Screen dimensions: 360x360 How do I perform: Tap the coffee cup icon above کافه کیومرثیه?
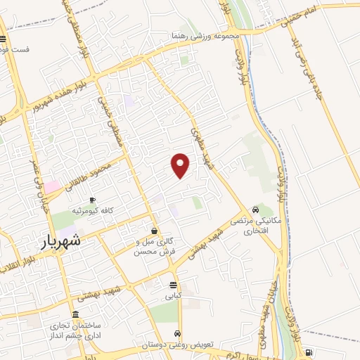[x=91, y=200]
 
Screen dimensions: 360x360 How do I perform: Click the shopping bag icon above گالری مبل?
[x=154, y=231]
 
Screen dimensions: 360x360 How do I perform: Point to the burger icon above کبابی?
[x=173, y=285]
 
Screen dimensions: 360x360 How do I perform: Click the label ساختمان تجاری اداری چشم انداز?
[x=75, y=332]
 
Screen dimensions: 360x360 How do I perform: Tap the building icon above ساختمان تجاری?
[x=76, y=315]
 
